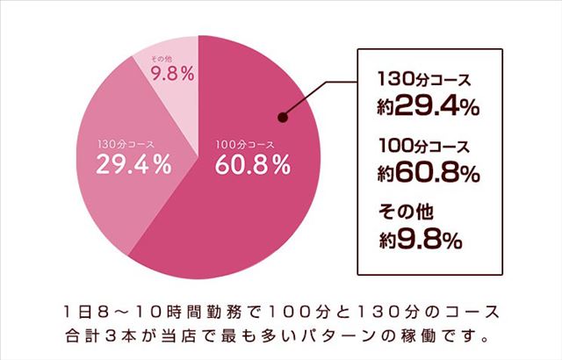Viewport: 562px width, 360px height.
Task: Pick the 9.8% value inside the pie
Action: (172, 75)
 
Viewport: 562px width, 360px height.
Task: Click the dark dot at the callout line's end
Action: (283, 117)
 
